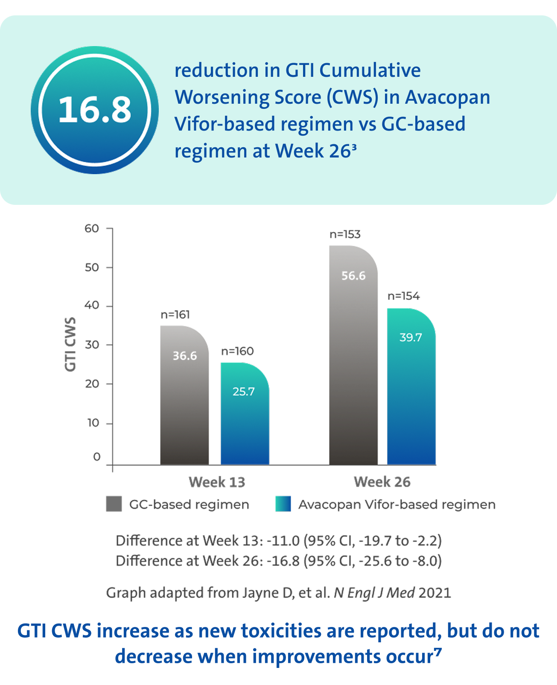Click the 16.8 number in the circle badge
click(95, 110)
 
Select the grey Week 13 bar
click(184, 405)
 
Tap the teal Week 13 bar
click(245, 427)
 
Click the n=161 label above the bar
click(175, 315)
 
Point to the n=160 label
click(237, 351)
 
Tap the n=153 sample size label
click(345, 234)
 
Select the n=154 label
click(403, 296)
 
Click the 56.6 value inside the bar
click(353, 276)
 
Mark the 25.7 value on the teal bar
click(243, 391)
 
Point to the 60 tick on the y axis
click(92, 229)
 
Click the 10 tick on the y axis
click(93, 423)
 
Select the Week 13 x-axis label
click(217, 482)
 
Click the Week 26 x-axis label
click(382, 482)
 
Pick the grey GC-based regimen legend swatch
click(114, 504)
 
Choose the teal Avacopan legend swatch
click(283, 504)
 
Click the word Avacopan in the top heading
click(447, 97)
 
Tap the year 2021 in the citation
click(435, 593)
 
